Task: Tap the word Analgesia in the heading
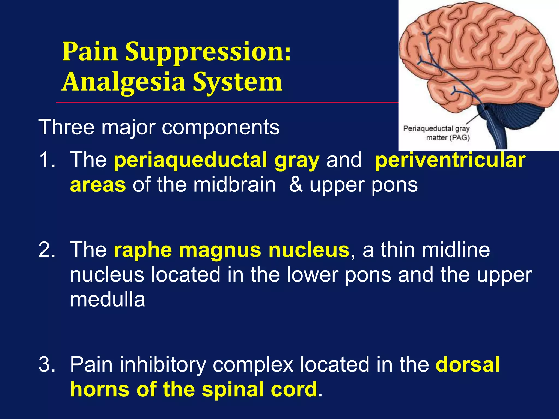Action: [x=124, y=82]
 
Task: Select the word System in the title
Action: [x=237, y=82]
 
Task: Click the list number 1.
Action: [x=46, y=160]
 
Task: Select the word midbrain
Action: [x=234, y=185]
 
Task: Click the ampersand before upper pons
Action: [x=296, y=185]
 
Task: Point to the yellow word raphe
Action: [x=142, y=250]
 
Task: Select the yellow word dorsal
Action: [x=468, y=365]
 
